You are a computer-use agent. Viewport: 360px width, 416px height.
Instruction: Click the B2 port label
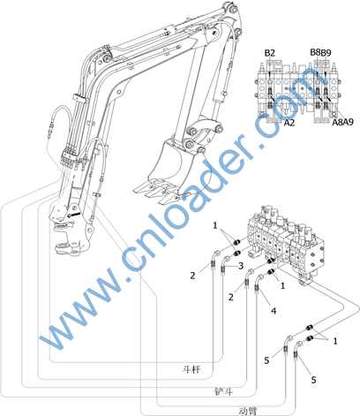(x=270, y=53)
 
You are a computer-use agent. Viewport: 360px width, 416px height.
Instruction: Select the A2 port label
(x=289, y=123)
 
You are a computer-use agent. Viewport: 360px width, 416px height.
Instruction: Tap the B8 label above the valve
(x=315, y=52)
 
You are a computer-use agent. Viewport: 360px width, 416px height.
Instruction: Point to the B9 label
(x=326, y=53)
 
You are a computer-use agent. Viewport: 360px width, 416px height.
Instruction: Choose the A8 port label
(x=337, y=122)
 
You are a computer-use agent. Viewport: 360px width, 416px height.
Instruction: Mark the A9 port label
(x=349, y=122)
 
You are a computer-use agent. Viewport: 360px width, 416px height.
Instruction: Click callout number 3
(x=241, y=266)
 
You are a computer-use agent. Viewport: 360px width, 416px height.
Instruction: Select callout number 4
(x=274, y=311)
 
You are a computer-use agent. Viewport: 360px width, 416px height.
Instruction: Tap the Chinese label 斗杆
(x=191, y=369)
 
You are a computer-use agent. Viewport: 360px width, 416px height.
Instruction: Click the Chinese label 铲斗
(x=224, y=391)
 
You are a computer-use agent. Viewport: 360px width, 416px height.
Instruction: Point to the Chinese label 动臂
(x=248, y=411)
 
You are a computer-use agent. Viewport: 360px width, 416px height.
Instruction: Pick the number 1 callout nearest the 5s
(x=335, y=341)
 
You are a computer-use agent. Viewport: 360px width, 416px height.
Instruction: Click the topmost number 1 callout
(x=215, y=225)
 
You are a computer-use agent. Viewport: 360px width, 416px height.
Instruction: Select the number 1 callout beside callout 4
(x=282, y=285)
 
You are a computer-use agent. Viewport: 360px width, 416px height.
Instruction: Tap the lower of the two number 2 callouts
(x=231, y=297)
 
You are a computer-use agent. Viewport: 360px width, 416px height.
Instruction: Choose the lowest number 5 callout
(x=313, y=380)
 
